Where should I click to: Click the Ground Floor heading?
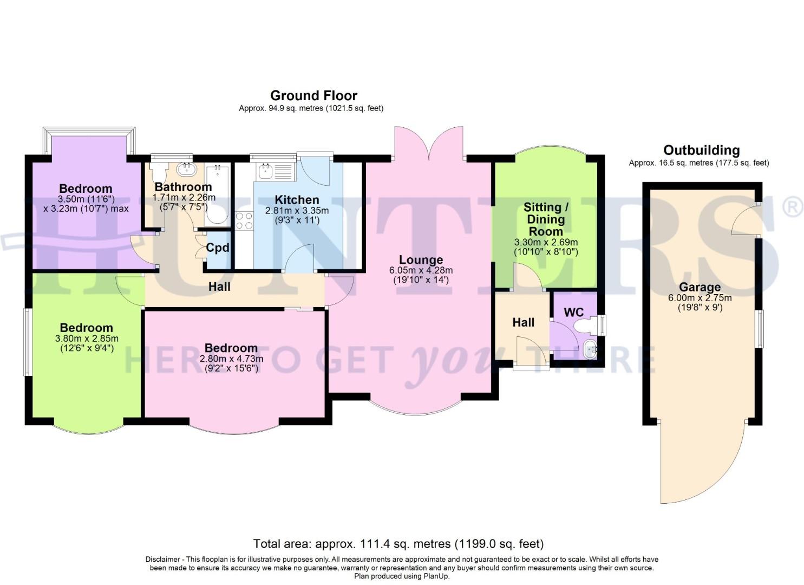(313, 96)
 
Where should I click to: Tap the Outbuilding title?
(701, 151)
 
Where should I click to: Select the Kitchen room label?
(296, 200)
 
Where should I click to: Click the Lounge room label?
(421, 260)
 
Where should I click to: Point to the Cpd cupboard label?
(218, 248)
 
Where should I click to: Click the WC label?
(573, 313)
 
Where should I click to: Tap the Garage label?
(700, 287)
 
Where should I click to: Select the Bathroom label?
(183, 187)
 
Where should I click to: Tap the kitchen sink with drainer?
(275, 172)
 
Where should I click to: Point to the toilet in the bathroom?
(159, 173)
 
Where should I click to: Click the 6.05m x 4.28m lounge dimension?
(421, 270)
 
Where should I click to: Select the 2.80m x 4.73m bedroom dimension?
(231, 359)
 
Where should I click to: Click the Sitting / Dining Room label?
(546, 219)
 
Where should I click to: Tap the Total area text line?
(398, 543)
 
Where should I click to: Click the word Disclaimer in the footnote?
(163, 560)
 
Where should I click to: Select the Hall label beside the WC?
(523, 323)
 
